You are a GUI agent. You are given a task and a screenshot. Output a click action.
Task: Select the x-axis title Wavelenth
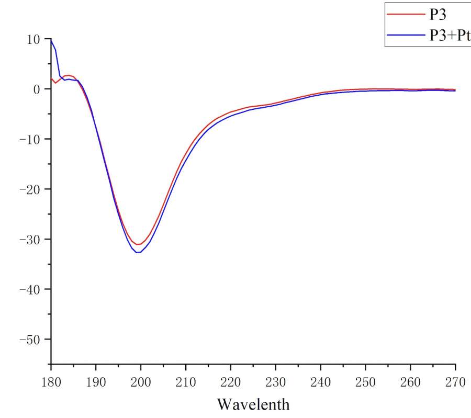click(x=253, y=404)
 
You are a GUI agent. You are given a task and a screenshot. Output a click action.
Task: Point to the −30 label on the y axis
click(x=30, y=240)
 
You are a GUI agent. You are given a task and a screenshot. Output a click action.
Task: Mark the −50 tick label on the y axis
click(x=30, y=340)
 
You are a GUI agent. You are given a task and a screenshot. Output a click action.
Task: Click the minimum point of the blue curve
click(x=139, y=253)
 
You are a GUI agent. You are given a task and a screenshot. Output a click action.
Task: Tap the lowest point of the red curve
click(x=139, y=244)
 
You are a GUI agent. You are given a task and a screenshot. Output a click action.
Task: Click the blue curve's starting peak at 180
click(x=51, y=40)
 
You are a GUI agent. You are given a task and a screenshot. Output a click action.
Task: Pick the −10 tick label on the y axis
click(x=30, y=140)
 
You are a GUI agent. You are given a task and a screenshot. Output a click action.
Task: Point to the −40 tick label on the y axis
click(x=30, y=289)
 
